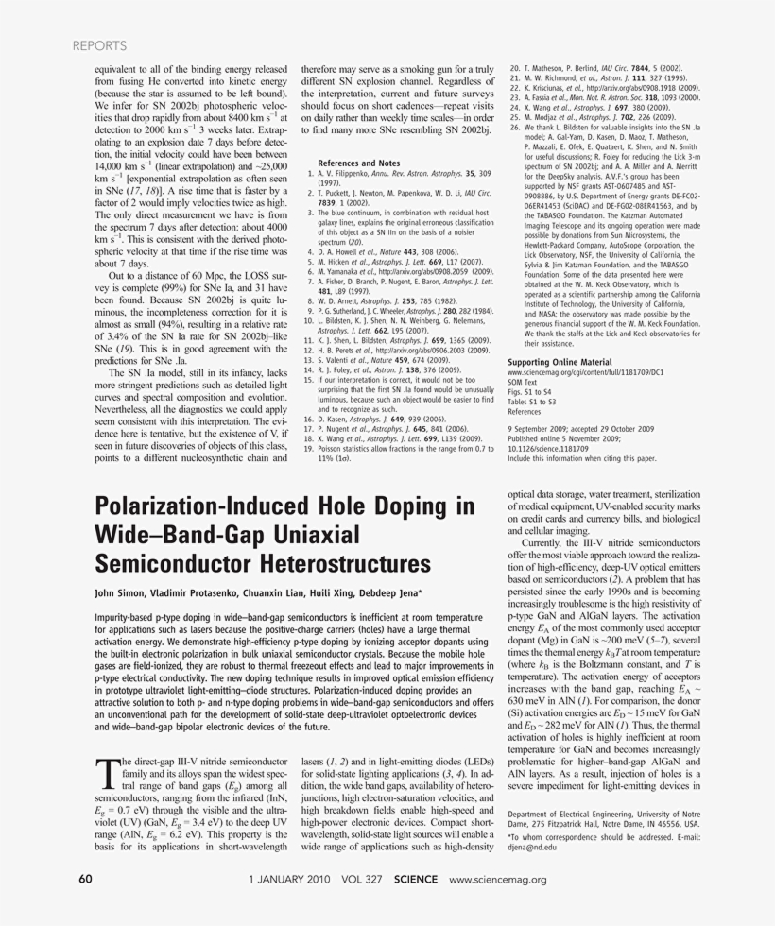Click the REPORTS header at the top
pyautogui.click(x=99, y=44)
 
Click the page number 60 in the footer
pyautogui.click(x=85, y=879)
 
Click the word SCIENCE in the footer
pyautogui.click(x=416, y=879)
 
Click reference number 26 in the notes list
pyautogui.click(x=514, y=126)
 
